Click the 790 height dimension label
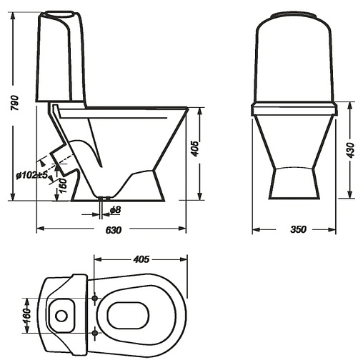coord(14,103)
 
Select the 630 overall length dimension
coord(114,230)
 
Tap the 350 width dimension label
coord(298,229)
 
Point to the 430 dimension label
coord(350,150)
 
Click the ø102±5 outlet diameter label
coord(31,176)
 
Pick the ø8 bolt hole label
coord(115,210)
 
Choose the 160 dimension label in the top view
coord(28,316)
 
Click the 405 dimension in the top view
coord(141,259)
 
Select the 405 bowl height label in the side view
coord(195,149)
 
